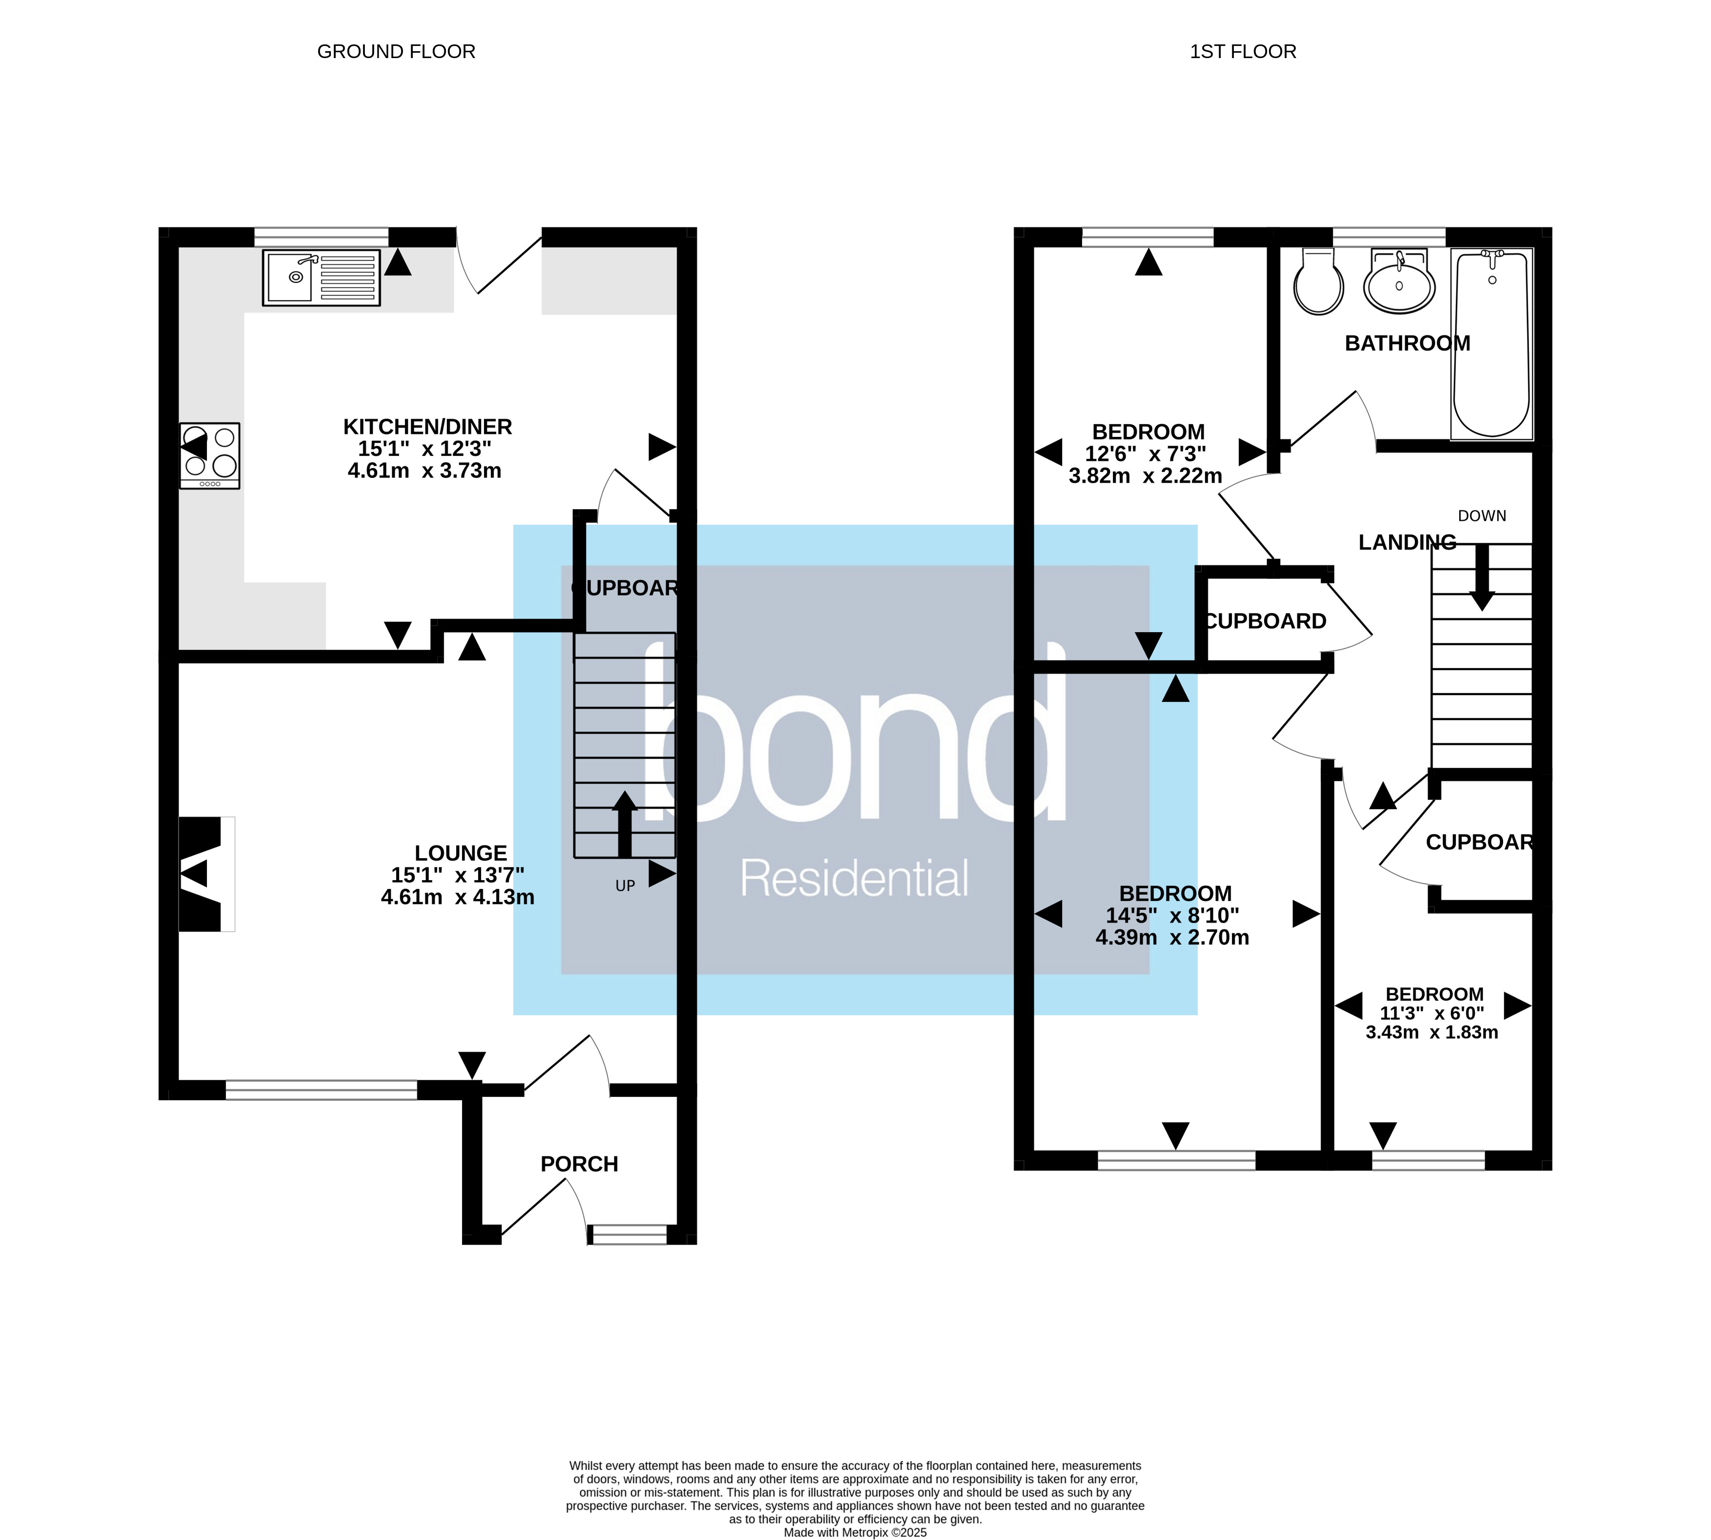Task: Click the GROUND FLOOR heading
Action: pyautogui.click(x=396, y=52)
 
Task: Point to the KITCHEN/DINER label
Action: pyautogui.click(x=427, y=427)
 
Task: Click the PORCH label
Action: pyautogui.click(x=579, y=1164)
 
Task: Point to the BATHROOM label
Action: pyautogui.click(x=1407, y=343)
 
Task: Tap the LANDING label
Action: pyautogui.click(x=1407, y=542)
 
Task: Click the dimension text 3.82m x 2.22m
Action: pyautogui.click(x=1145, y=475)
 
